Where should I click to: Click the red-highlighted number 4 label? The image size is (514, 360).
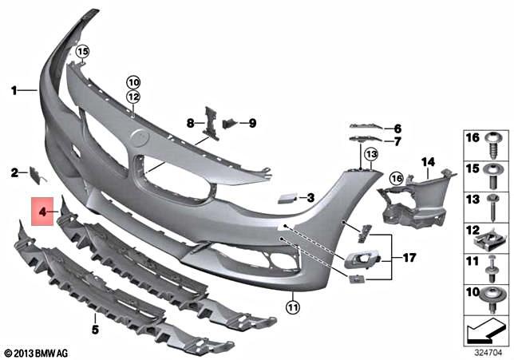pyautogui.click(x=42, y=212)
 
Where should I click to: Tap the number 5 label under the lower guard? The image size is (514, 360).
pyautogui.click(x=94, y=328)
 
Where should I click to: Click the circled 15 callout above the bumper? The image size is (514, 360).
pyautogui.click(x=81, y=53)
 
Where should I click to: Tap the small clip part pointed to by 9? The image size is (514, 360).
pyautogui.click(x=230, y=123)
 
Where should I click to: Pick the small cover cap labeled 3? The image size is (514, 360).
pyautogui.click(x=285, y=196)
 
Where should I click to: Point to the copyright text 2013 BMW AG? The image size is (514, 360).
pyautogui.click(x=38, y=352)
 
